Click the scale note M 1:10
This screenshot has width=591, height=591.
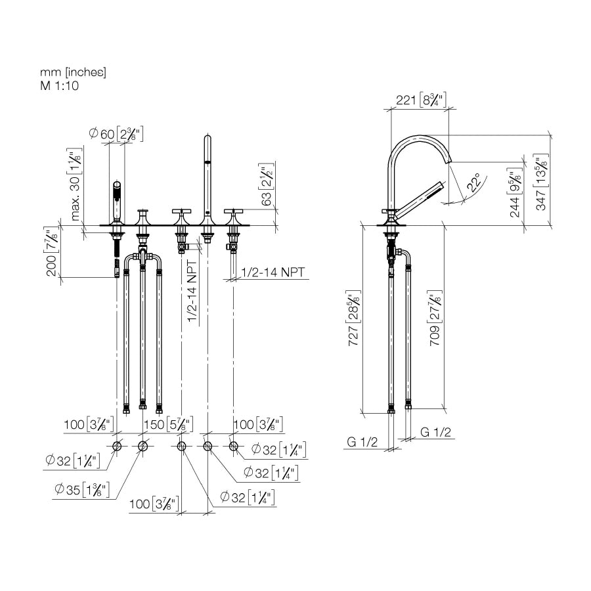tap(60, 85)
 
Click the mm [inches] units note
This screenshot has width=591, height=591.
tap(73, 72)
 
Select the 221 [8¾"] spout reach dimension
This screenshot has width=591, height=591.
tap(421, 100)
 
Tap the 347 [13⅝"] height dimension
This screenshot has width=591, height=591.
tap(542, 182)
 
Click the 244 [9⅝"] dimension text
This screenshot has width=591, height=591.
tap(515, 193)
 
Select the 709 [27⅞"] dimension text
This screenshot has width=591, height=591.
tap(435, 318)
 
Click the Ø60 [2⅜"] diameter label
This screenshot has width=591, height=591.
tap(116, 134)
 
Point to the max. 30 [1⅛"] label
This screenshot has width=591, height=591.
tap(76, 184)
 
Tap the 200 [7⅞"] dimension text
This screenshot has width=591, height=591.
tap(52, 251)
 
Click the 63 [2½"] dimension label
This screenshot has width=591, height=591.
tap(266, 185)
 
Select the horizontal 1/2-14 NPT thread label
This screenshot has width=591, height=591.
tap(272, 272)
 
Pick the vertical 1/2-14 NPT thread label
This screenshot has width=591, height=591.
tap(192, 292)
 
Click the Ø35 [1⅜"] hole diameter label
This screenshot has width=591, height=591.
tap(82, 489)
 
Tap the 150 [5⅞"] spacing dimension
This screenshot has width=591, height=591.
tap(169, 424)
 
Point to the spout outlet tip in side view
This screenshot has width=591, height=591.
tap(449, 161)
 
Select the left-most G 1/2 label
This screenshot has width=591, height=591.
tap(362, 442)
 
